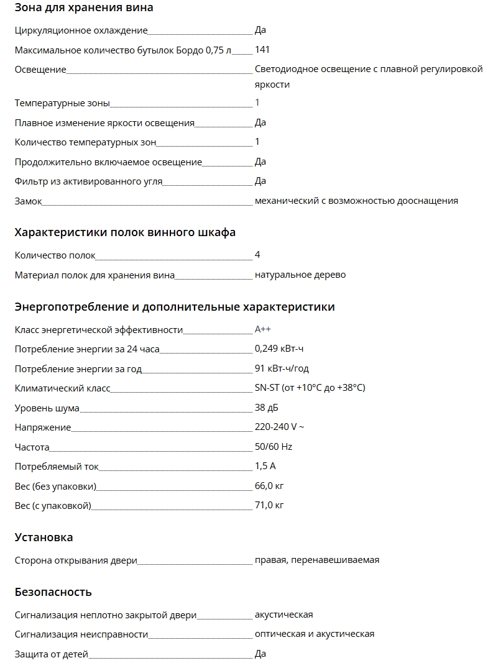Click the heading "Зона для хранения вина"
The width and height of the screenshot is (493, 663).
click(84, 8)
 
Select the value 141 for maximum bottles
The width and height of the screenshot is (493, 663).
click(262, 50)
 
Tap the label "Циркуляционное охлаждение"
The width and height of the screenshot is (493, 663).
click(81, 30)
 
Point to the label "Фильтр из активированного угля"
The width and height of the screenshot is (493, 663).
click(88, 181)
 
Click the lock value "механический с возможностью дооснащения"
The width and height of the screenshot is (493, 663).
click(356, 201)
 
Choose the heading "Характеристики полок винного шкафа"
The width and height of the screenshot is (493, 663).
click(125, 233)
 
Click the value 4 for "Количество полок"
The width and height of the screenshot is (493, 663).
click(257, 255)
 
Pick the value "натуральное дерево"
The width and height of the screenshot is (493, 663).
click(300, 275)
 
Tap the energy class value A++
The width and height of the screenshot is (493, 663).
click(263, 330)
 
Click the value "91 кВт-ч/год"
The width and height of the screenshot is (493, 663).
click(282, 368)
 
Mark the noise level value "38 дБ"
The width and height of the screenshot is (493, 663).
click(267, 408)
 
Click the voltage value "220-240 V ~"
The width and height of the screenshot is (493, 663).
click(280, 427)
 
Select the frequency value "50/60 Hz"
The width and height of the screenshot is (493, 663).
click(274, 447)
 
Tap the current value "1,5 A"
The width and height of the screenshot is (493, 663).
click(265, 466)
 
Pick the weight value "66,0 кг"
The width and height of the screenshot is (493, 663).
click(269, 485)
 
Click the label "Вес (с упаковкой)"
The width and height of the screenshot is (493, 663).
click(53, 506)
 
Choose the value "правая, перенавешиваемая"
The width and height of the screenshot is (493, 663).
click(317, 560)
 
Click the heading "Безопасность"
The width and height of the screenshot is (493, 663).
click(53, 592)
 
